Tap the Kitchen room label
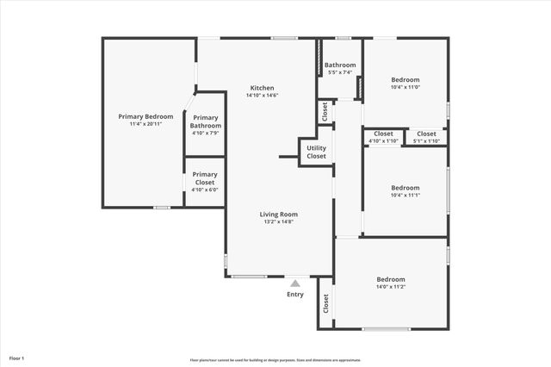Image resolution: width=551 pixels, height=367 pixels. (x=263, y=88)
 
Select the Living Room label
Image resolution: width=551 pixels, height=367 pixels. (x=279, y=214)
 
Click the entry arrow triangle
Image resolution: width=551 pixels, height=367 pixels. (x=295, y=283)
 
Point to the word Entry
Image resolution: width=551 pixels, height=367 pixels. (x=295, y=295)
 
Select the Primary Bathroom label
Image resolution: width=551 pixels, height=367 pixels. (x=206, y=121)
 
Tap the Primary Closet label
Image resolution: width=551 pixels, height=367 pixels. (x=205, y=177)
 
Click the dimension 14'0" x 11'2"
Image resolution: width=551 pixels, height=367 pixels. (x=391, y=288)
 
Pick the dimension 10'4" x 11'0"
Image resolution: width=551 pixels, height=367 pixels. (x=405, y=87)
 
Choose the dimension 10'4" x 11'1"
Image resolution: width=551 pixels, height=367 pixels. (x=405, y=196)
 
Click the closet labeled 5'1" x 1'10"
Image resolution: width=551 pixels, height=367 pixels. (x=426, y=141)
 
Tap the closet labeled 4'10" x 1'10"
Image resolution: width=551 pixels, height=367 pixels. (x=383, y=141)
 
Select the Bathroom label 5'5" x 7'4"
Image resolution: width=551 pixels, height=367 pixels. (x=340, y=72)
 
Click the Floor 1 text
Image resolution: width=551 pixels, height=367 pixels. (x=17, y=358)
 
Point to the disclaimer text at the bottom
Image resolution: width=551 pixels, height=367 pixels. (x=275, y=360)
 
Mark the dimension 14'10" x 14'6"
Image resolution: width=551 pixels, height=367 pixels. (x=263, y=96)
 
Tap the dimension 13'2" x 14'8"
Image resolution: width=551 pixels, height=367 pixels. (x=279, y=221)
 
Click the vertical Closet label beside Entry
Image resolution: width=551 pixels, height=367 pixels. (x=326, y=303)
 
